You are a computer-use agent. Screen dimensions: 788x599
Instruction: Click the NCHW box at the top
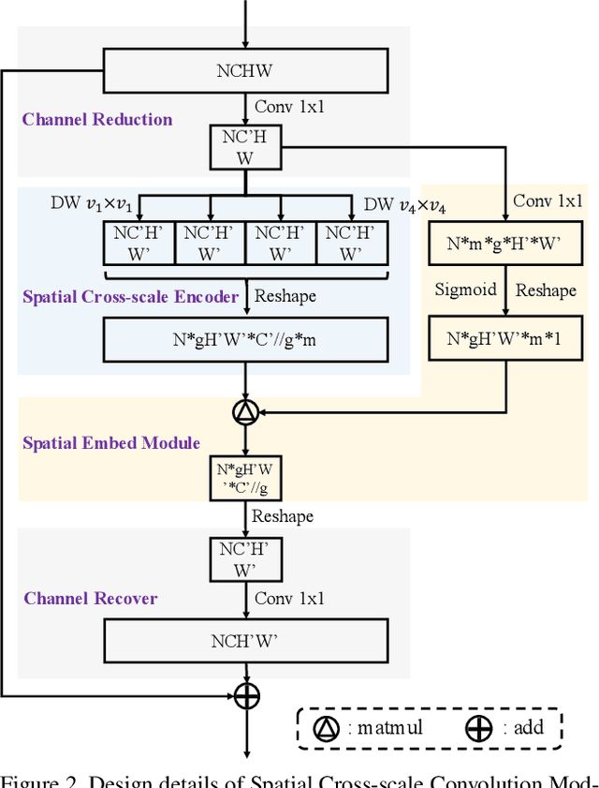(244, 71)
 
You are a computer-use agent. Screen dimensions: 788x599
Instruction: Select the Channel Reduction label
(97, 119)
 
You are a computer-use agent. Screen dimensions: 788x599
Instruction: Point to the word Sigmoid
(465, 290)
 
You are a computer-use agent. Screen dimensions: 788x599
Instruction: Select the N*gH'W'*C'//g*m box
(244, 339)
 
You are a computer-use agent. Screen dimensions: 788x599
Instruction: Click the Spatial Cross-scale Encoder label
(130, 296)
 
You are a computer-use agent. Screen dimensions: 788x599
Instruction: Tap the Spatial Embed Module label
(111, 442)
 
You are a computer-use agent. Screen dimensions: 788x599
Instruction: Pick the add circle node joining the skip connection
(245, 695)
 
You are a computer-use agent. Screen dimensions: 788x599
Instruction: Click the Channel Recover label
(91, 598)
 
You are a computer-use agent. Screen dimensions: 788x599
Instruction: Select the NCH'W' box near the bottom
(244, 643)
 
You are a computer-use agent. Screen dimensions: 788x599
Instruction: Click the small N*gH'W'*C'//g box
(244, 478)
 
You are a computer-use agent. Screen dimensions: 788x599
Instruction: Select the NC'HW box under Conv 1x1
(244, 149)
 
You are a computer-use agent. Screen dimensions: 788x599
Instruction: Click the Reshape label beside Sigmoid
(546, 290)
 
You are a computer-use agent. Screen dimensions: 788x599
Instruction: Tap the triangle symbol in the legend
(326, 727)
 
